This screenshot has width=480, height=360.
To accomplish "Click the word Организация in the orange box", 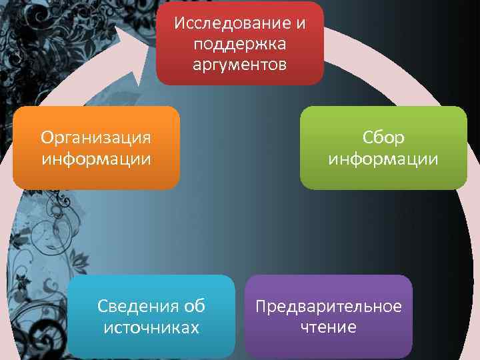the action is click(95, 137).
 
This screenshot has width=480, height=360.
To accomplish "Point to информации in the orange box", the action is click(95, 159).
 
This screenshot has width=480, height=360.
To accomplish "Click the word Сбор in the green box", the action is click(383, 137).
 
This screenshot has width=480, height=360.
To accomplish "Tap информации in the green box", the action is click(383, 159).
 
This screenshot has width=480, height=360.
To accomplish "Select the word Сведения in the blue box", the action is click(138, 306).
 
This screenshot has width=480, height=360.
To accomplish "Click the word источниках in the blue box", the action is click(151, 327).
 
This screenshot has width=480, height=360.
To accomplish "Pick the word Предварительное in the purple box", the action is click(329, 306).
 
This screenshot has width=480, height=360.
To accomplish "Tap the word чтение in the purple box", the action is click(329, 327).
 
